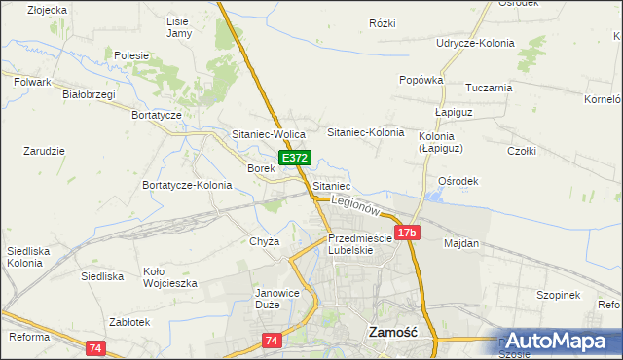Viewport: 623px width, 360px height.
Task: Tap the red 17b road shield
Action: (x=407, y=233)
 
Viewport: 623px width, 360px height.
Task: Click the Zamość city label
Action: (x=393, y=332)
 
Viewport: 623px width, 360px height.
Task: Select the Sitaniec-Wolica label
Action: (x=269, y=134)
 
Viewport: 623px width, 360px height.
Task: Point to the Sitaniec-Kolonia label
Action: (x=365, y=131)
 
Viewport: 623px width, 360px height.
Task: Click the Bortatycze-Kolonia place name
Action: (x=187, y=185)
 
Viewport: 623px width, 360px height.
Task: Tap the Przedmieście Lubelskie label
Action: (x=359, y=243)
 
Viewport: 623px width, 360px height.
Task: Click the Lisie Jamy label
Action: (x=179, y=27)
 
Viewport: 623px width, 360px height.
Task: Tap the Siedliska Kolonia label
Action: (x=25, y=257)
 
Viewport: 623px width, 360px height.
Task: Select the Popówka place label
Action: (x=421, y=80)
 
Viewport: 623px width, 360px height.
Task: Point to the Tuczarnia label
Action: (x=489, y=88)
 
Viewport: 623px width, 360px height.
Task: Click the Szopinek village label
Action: (x=558, y=295)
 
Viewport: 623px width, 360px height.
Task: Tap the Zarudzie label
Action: (x=44, y=151)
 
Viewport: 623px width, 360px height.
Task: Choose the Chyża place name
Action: (x=265, y=241)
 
